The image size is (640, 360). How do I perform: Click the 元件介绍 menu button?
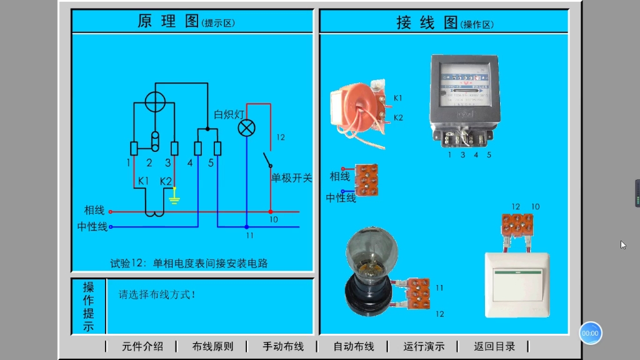pyautogui.click(x=142, y=346)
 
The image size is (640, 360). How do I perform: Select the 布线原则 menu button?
pyautogui.click(x=212, y=346)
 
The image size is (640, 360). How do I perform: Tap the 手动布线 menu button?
pyautogui.click(x=283, y=346)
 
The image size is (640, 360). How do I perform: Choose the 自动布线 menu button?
pyautogui.click(x=353, y=346)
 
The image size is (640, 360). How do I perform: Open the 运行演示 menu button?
pyautogui.click(x=424, y=346)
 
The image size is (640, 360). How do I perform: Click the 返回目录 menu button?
pyautogui.click(x=494, y=346)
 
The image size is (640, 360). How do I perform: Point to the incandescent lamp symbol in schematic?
pyautogui.click(x=247, y=129)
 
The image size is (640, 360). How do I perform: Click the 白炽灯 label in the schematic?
pyautogui.click(x=228, y=114)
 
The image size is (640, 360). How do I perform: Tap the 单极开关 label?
pyautogui.click(x=291, y=178)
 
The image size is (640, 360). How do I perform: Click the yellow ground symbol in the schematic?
pyautogui.click(x=175, y=199)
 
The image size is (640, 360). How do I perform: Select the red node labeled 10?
pyautogui.click(x=271, y=211)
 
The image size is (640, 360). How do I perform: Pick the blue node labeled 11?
pyautogui.click(x=247, y=226)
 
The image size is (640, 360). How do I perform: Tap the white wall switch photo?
pyautogui.click(x=517, y=284)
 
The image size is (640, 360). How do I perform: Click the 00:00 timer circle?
pyautogui.click(x=590, y=333)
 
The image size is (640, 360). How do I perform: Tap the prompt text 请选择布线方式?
pyautogui.click(x=157, y=294)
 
